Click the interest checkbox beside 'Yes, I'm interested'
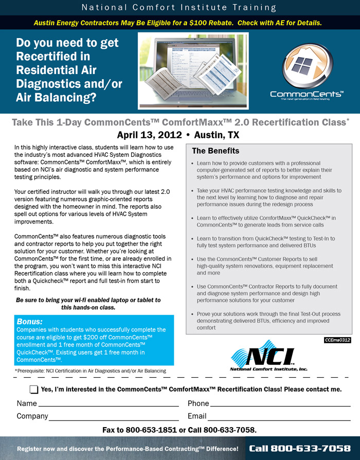pos(34,390)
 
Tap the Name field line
pos(108,406)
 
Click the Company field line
pos(114,419)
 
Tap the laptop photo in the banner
pos(193,70)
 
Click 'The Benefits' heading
pos(215,151)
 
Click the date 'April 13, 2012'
pos(149,135)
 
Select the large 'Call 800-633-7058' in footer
pos(300,449)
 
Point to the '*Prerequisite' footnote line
pos(90,371)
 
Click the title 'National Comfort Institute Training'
pos(179,8)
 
